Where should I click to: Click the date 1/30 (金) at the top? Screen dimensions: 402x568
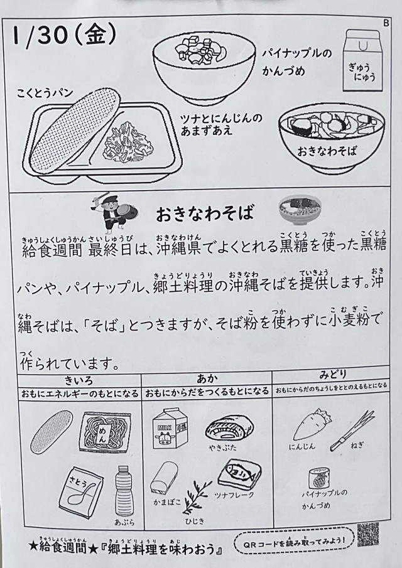tap(64, 36)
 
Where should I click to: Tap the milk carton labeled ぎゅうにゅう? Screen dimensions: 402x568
tap(362, 60)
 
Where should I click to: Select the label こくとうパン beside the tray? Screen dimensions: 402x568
tap(45, 93)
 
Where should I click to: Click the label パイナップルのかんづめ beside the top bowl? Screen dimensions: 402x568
tap(297, 62)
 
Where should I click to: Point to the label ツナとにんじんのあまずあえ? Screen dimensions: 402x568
tap(222, 124)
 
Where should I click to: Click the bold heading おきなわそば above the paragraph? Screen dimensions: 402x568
tap(205, 214)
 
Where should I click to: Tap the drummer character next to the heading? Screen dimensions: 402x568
tap(114, 212)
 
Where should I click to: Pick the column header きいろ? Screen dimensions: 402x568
tap(79, 380)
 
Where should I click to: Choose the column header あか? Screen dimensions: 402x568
tap(207, 379)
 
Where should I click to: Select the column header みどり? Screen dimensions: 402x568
tap(332, 375)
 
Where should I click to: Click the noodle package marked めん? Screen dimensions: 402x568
tap(105, 431)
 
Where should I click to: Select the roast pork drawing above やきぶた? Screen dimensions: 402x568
tap(229, 428)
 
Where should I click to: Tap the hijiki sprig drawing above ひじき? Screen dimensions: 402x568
tap(196, 496)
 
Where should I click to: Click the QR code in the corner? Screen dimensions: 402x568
tap(367, 534)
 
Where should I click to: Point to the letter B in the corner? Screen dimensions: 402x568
tap(386, 23)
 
